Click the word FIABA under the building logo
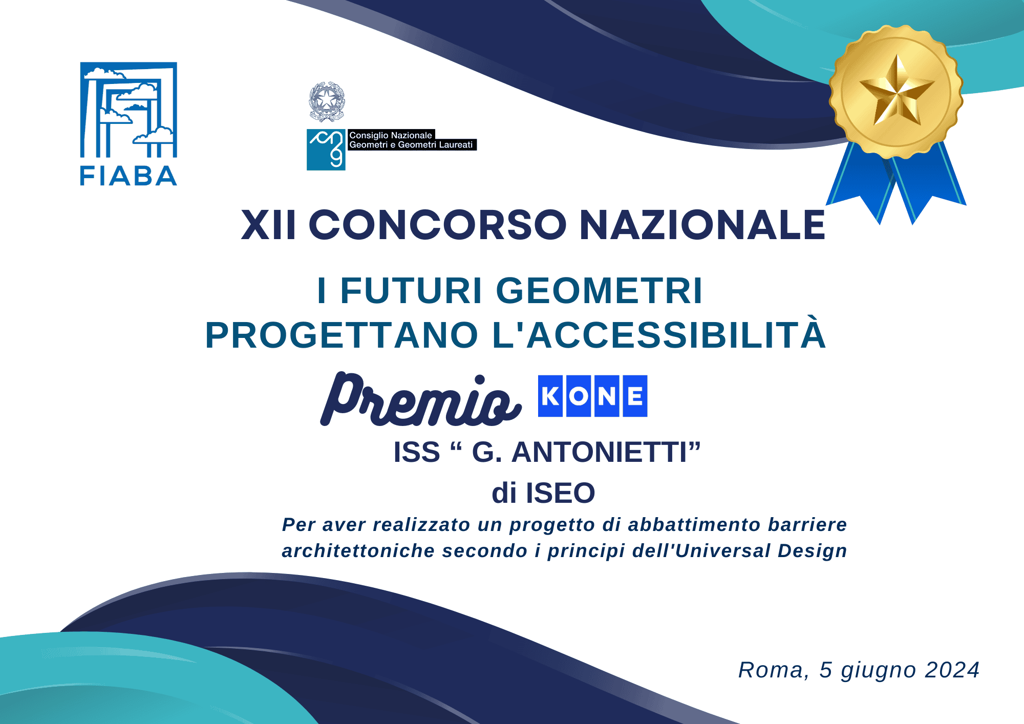pyautogui.click(x=129, y=176)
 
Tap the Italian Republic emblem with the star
pyautogui.click(x=327, y=101)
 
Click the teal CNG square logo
pyautogui.click(x=326, y=150)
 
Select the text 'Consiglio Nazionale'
pyautogui.click(x=391, y=135)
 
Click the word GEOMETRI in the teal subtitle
pyautogui.click(x=599, y=290)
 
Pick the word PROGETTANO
pyautogui.click(x=342, y=335)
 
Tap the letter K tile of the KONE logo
pyautogui.click(x=550, y=396)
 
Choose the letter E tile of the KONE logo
pyautogui.click(x=635, y=396)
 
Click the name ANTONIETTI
pyautogui.click(x=599, y=452)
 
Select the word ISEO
pyautogui.click(x=560, y=493)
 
